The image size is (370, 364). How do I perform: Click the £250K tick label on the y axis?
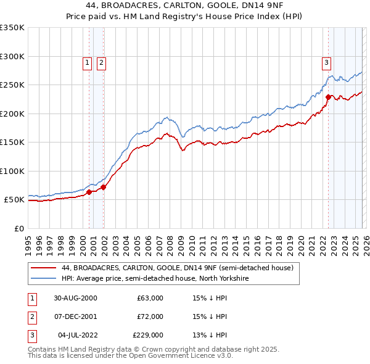[x=12, y=85]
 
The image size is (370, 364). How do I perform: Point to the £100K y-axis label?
[x=12, y=171]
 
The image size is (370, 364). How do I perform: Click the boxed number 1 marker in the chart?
[x=87, y=62]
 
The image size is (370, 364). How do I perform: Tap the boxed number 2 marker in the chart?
[x=101, y=62]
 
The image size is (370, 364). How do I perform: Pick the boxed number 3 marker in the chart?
[x=326, y=62]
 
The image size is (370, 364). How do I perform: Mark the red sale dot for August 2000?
[x=89, y=192]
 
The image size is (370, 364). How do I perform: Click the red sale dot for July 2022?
[x=328, y=97]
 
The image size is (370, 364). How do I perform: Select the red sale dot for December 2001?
[x=104, y=187]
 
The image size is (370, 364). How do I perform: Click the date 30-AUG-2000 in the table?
[x=75, y=298]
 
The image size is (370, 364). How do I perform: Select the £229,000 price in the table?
[x=148, y=335]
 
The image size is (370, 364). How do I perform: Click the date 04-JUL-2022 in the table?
[x=75, y=335]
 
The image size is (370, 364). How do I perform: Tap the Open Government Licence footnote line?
[x=131, y=356]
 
